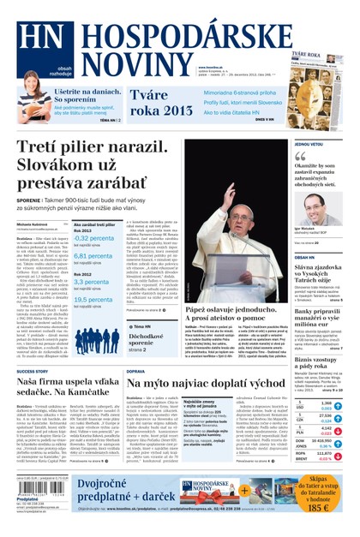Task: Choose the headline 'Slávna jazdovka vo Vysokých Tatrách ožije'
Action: (x=318, y=277)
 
